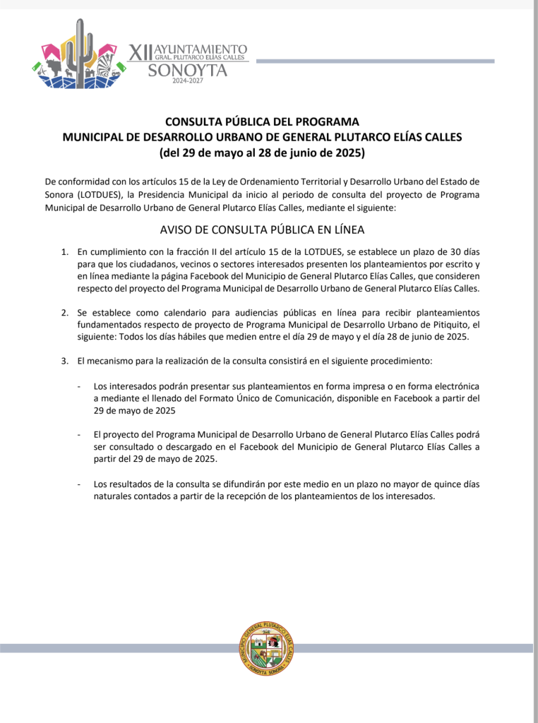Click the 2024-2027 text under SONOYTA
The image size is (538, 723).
(x=187, y=82)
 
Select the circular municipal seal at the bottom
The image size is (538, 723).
(x=268, y=649)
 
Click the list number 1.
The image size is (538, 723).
(x=64, y=251)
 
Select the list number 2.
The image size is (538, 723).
(x=64, y=312)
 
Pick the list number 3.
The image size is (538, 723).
(x=64, y=361)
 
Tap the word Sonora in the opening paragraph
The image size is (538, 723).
(x=60, y=194)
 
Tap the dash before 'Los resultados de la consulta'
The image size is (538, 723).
(x=80, y=484)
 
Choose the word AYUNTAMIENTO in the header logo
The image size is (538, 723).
(x=201, y=49)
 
